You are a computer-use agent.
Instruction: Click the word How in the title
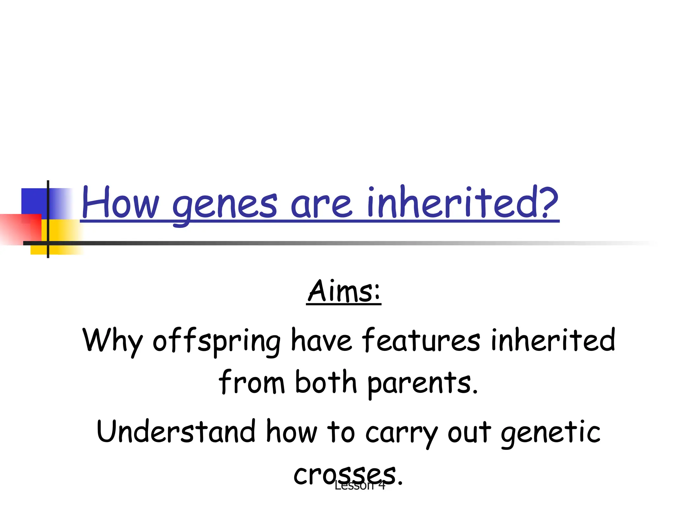(x=121, y=203)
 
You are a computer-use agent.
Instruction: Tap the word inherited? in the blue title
(x=463, y=202)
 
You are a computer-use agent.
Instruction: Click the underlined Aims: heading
(x=344, y=291)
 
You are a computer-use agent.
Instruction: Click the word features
(x=421, y=340)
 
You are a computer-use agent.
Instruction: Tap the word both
(x=326, y=382)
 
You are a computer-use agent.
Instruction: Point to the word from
(x=251, y=382)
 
